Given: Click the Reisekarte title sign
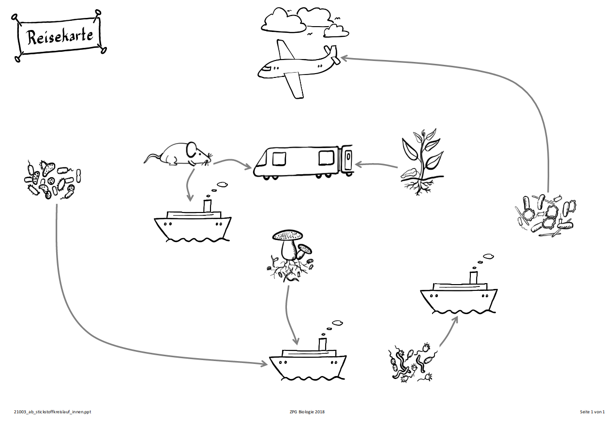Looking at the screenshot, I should [x=60, y=37].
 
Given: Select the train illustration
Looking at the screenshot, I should [x=302, y=161].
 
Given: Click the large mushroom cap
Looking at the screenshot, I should [x=287, y=235].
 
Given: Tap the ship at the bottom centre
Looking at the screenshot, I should [x=308, y=363].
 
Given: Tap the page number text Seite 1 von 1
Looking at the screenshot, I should [x=592, y=412].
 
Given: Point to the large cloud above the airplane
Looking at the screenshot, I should [x=283, y=20].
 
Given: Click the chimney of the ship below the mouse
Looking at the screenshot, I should [x=208, y=205].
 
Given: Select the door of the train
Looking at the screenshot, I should [x=347, y=160].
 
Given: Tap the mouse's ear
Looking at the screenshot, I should [x=192, y=148].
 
